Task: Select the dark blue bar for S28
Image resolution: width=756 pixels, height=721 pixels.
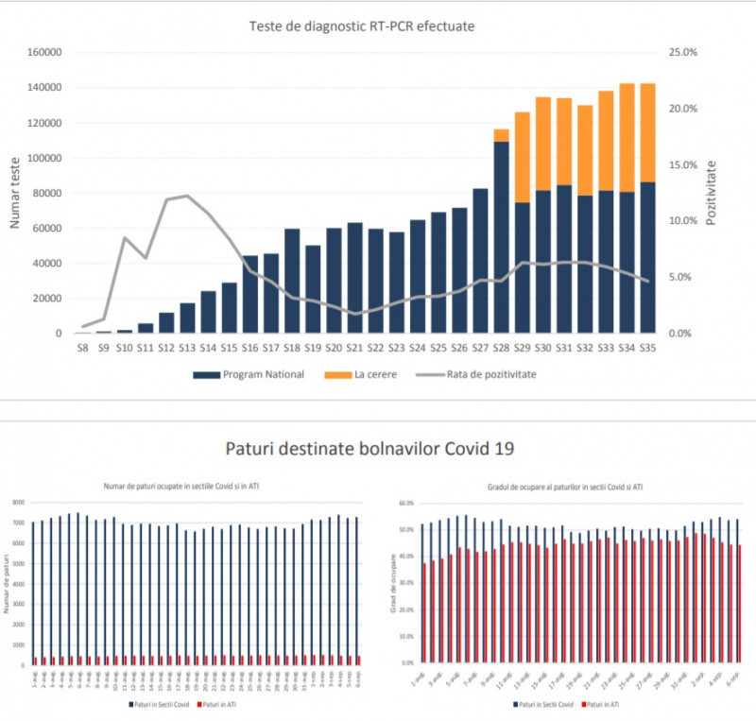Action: (501, 236)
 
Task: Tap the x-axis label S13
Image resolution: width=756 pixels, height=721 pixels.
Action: (187, 349)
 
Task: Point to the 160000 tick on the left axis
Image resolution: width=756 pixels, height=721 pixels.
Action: (43, 53)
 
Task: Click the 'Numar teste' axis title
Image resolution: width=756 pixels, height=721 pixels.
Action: (16, 194)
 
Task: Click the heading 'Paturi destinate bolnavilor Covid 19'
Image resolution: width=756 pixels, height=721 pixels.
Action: (377, 448)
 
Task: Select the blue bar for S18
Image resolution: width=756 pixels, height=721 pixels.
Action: (292, 281)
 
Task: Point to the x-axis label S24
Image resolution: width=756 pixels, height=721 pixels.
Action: (417, 349)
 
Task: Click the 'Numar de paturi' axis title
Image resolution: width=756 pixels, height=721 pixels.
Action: (7, 584)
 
